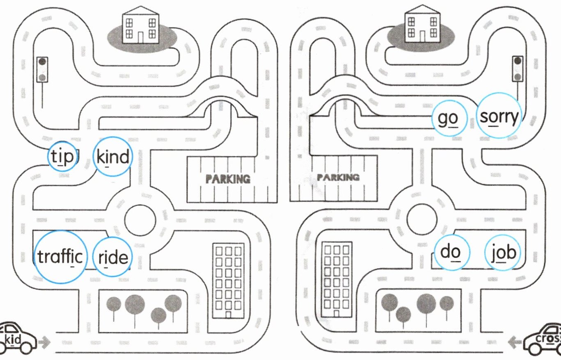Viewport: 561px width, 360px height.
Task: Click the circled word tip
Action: click(x=62, y=157)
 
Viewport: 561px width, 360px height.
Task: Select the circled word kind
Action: click(x=113, y=157)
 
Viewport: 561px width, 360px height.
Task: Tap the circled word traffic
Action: click(x=60, y=257)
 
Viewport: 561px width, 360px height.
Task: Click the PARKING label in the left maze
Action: click(x=228, y=179)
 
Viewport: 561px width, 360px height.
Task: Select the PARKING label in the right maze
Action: click(x=338, y=178)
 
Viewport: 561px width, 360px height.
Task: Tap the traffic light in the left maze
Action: click(x=42, y=70)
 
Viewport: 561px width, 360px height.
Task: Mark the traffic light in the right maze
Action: click(x=517, y=69)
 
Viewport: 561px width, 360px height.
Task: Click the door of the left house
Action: click(x=140, y=37)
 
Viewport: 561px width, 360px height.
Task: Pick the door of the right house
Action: click(x=423, y=36)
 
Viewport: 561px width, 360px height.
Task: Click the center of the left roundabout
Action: click(x=140, y=221)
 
